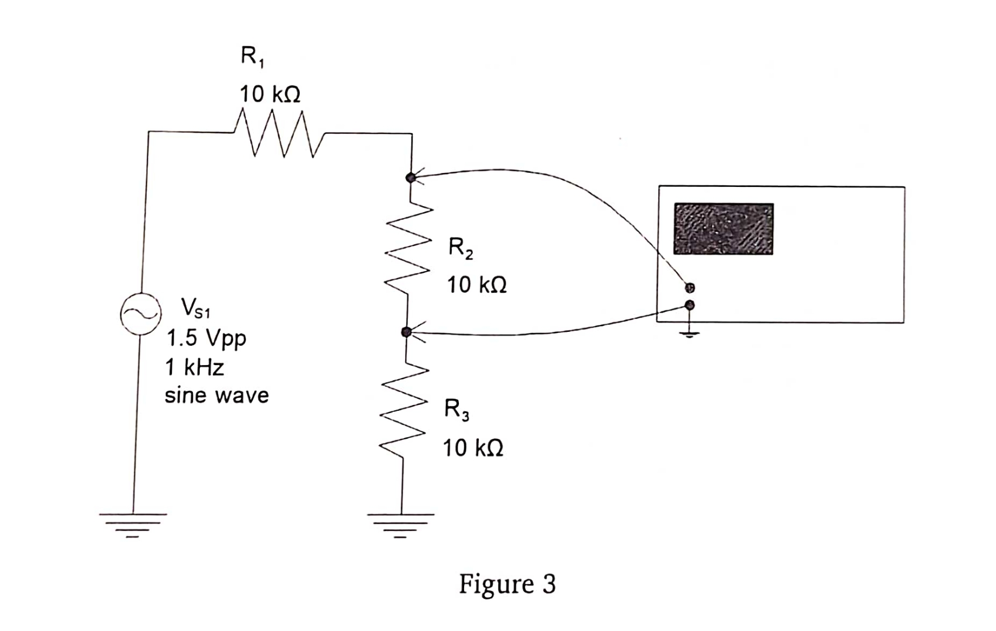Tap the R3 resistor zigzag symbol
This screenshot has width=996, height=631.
(403, 409)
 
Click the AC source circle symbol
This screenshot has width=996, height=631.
(141, 314)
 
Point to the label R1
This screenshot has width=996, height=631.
(252, 57)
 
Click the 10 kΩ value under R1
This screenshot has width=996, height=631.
(270, 94)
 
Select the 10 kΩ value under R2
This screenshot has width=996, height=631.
(476, 285)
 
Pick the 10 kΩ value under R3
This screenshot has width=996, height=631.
(472, 448)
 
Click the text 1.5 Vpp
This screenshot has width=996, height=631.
(206, 338)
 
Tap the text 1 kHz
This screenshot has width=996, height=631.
(195, 367)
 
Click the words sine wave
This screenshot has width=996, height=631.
(216, 396)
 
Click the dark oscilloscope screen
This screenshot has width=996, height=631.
(723, 229)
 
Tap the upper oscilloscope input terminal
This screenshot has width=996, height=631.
(690, 287)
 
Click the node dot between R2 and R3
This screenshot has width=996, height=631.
(406, 332)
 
